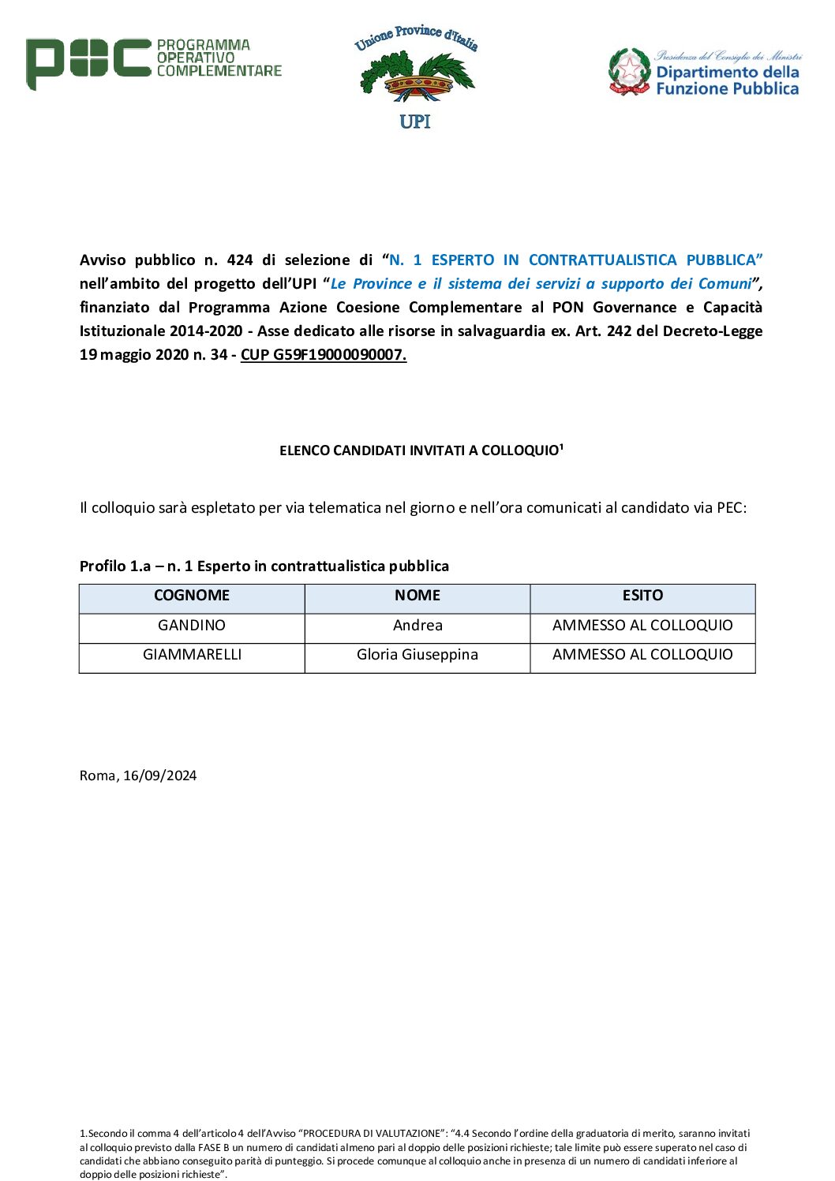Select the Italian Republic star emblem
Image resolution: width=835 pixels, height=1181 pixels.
629,72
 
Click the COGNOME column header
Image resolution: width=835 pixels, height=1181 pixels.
192,596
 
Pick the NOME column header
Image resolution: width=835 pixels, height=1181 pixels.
417,596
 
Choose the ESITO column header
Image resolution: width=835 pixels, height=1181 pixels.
642,596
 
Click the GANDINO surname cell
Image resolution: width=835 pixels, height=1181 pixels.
192,626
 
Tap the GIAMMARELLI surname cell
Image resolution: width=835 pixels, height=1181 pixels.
192,655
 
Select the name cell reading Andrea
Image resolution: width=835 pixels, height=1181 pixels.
417,626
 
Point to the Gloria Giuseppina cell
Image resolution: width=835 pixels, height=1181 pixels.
417,655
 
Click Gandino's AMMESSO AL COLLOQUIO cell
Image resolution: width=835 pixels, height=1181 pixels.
642,626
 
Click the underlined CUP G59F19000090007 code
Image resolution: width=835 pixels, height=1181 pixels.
324,355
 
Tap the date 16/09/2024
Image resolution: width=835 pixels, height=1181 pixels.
159,775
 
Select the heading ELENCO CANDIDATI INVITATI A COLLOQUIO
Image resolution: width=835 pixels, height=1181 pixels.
419,450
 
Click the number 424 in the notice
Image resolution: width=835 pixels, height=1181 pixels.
240,260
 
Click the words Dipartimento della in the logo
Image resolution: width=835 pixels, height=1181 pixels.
727,73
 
